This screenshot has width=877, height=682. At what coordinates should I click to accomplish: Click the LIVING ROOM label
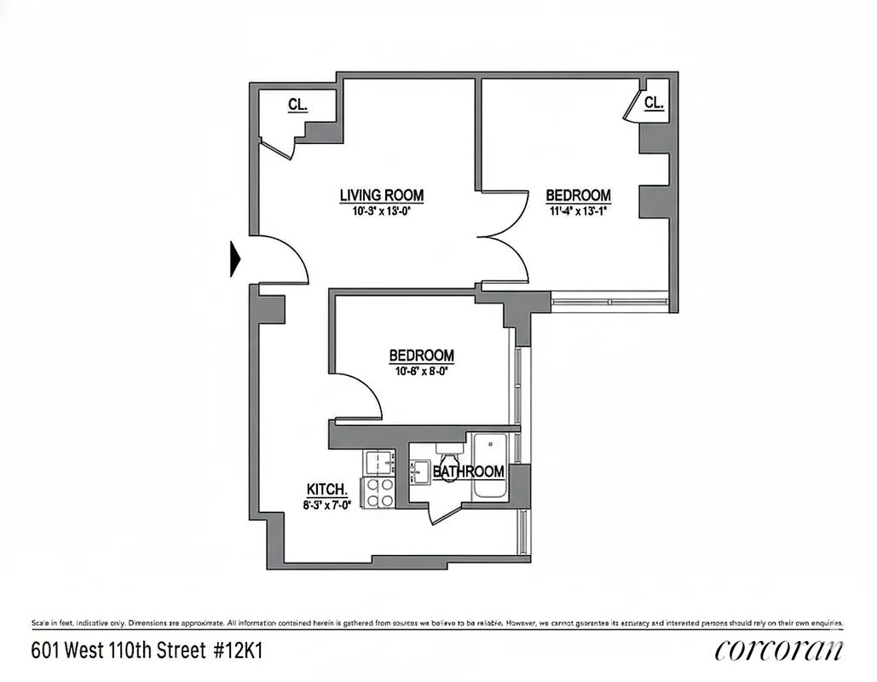click(381, 195)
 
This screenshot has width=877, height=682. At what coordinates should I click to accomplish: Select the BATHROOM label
click(468, 471)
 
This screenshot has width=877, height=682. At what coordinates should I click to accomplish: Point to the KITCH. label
click(327, 489)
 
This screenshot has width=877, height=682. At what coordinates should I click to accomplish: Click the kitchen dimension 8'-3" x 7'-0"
click(327, 504)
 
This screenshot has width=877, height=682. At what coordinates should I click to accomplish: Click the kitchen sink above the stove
click(378, 463)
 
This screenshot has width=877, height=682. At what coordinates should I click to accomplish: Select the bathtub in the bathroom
click(489, 465)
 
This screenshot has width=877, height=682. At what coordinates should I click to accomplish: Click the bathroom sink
click(419, 469)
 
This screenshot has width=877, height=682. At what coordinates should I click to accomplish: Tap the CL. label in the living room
click(297, 105)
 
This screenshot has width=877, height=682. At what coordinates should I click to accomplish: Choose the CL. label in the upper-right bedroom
click(654, 103)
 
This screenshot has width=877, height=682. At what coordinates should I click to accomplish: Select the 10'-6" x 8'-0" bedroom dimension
click(421, 371)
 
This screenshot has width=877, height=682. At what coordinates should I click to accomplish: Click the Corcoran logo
click(779, 650)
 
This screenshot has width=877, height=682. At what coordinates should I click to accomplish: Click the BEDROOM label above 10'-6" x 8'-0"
click(421, 355)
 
